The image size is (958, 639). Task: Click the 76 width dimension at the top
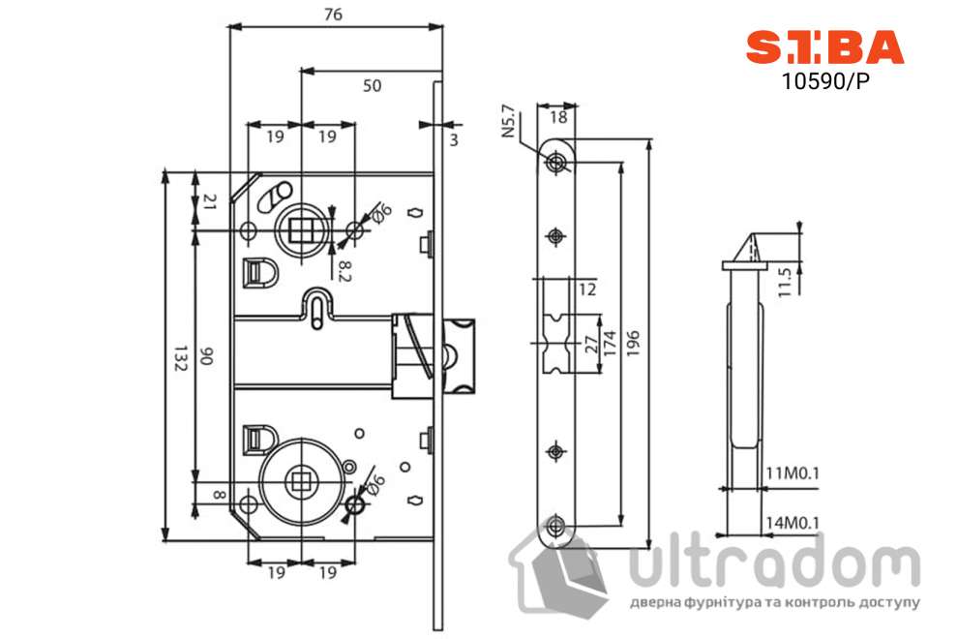(x=334, y=15)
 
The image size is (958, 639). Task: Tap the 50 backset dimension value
(x=372, y=85)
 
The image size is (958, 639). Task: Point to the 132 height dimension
(x=179, y=357)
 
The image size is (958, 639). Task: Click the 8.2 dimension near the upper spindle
(x=344, y=271)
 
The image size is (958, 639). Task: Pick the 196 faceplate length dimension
(x=633, y=345)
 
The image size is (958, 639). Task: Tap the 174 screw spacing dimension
(x=610, y=345)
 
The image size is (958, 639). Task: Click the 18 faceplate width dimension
(x=558, y=117)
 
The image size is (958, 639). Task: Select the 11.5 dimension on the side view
(x=785, y=282)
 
